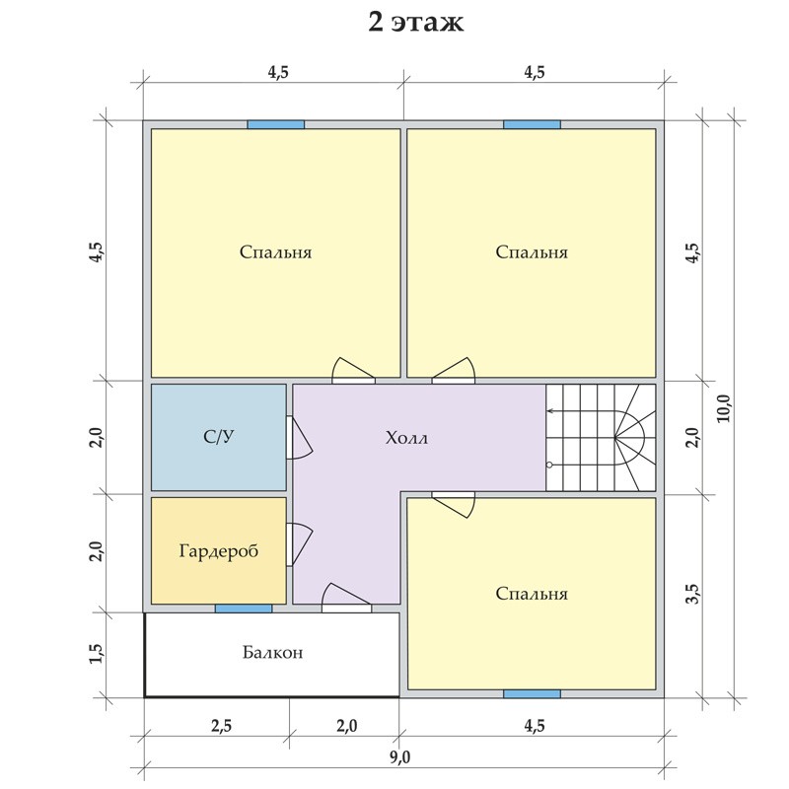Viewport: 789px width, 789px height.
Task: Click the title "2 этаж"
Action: [415, 23]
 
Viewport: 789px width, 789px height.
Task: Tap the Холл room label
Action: [406, 438]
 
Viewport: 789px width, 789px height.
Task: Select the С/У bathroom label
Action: [219, 436]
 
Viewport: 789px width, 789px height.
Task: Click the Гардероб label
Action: [219, 551]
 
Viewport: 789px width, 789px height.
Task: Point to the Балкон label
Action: [273, 653]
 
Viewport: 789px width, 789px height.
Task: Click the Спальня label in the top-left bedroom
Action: [276, 252]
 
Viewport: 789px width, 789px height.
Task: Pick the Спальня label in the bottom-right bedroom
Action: [532, 594]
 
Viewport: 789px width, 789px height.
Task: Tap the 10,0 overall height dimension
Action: [724, 408]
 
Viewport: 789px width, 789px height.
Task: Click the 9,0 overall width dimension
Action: [399, 756]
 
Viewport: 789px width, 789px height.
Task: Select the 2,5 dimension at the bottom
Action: [221, 726]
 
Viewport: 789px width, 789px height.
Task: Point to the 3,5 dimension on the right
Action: [693, 594]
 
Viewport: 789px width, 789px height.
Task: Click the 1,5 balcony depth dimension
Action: [96, 654]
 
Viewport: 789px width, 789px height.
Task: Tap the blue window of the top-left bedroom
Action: [276, 125]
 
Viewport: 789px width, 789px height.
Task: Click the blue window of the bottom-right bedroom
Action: [532, 694]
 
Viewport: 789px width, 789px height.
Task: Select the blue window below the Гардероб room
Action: [244, 609]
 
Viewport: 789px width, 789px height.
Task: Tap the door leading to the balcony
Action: [346, 598]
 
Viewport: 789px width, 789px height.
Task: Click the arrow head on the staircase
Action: [549, 411]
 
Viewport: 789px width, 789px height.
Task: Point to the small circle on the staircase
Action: [549, 465]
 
